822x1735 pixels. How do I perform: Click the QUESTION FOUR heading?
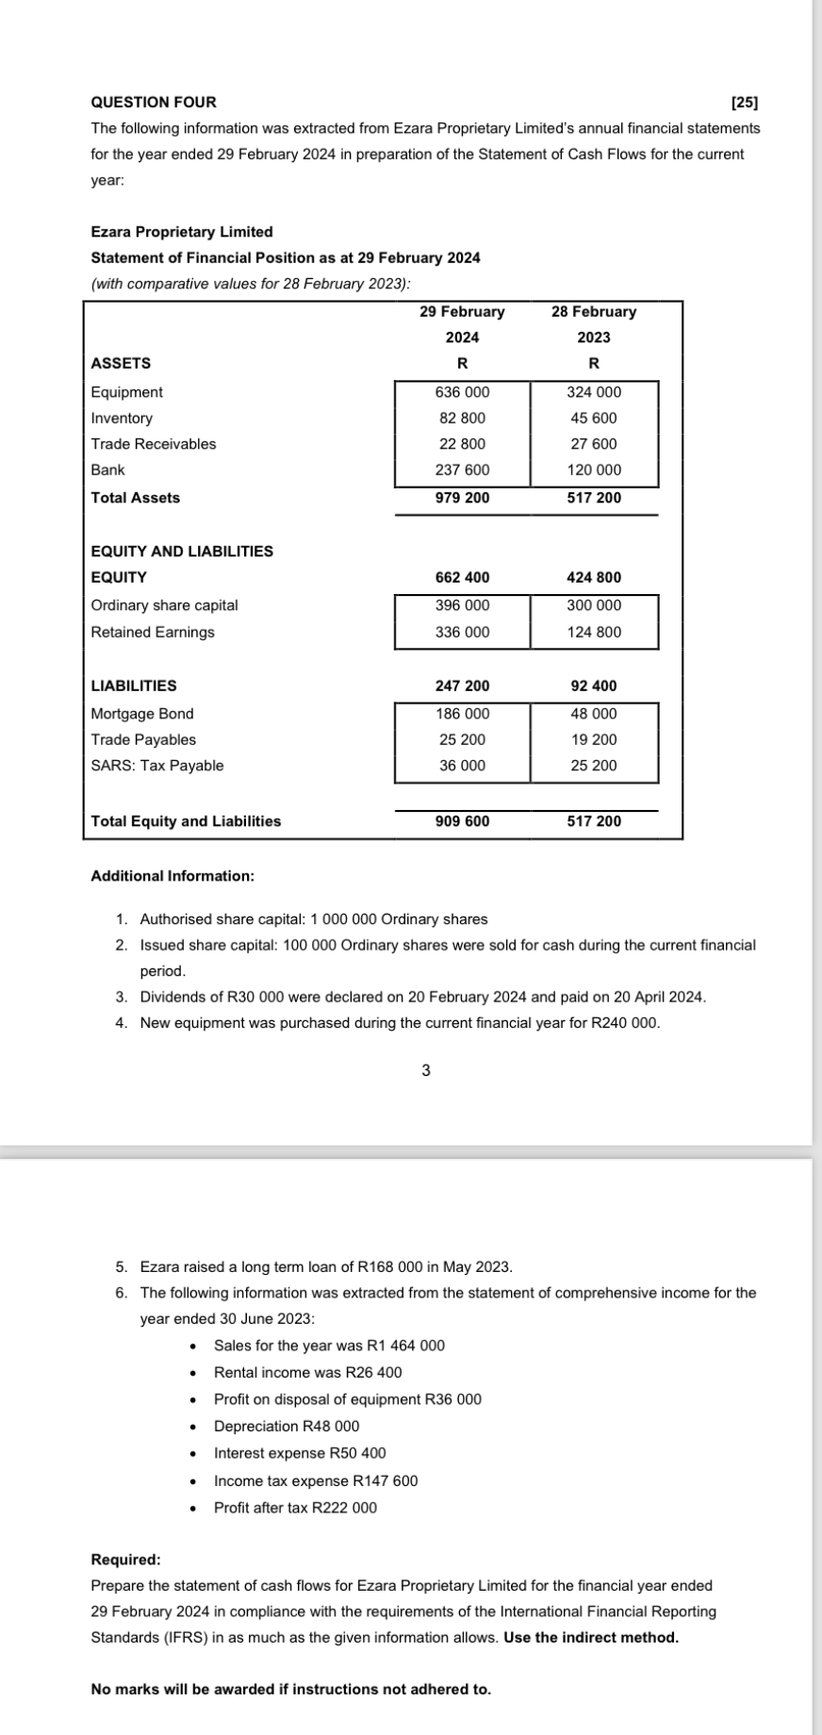[153, 102]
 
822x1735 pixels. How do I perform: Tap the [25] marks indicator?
[745, 102]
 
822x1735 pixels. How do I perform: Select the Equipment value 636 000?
[462, 392]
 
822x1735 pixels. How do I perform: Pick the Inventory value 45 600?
[594, 418]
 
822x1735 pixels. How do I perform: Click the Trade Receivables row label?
[153, 444]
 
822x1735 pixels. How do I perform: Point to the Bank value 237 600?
[462, 470]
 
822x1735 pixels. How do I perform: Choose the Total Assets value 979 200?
[462, 498]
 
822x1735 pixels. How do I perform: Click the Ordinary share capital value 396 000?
[462, 605]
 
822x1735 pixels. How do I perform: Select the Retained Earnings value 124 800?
[594, 632]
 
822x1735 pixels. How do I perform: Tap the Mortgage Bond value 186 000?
[462, 714]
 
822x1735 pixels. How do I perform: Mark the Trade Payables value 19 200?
[594, 740]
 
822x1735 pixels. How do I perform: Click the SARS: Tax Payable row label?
[156, 766]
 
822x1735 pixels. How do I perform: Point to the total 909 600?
[462, 821]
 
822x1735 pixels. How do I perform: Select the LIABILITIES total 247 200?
[462, 686]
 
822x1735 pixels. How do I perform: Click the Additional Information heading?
[172, 876]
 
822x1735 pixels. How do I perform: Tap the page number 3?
[426, 1070]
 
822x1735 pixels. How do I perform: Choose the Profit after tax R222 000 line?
[295, 1508]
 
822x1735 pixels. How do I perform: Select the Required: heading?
[125, 1560]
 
